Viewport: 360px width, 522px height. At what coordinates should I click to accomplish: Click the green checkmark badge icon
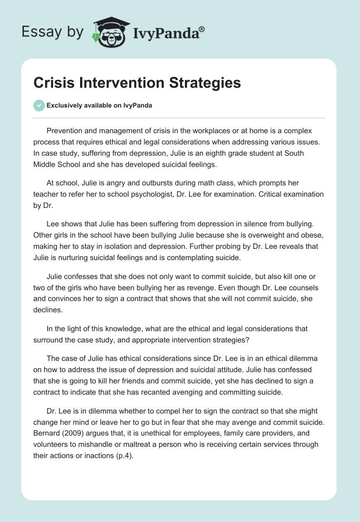pyautogui.click(x=39, y=105)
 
